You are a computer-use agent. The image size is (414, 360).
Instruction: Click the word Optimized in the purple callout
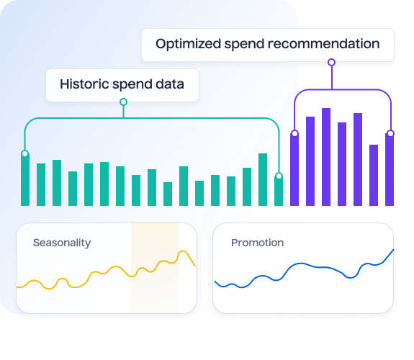[x=188, y=44]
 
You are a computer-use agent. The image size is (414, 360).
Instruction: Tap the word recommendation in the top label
[x=323, y=44]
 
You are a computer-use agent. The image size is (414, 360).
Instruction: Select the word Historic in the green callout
[x=84, y=84]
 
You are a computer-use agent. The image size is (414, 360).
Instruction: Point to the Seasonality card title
[x=62, y=243]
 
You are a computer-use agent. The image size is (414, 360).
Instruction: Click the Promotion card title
[x=258, y=243]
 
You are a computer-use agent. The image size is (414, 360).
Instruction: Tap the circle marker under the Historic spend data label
[x=123, y=102]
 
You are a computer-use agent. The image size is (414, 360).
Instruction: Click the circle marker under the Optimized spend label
[x=332, y=63]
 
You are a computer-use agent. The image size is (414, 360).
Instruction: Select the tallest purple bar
[x=326, y=157]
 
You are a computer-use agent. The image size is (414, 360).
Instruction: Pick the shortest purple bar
[x=374, y=175]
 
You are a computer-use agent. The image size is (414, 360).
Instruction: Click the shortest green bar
[x=168, y=194]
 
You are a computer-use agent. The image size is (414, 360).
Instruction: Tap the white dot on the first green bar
[x=24, y=153]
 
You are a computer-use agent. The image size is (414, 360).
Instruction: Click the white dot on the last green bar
[x=279, y=176]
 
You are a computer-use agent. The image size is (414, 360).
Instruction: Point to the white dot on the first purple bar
[x=295, y=133]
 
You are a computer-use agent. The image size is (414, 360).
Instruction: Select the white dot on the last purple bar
[x=390, y=133]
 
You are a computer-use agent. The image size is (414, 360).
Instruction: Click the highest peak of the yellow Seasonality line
[x=183, y=251]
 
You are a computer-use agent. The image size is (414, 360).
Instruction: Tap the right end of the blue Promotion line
[x=394, y=249]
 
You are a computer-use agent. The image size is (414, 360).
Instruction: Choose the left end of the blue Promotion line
[x=215, y=282]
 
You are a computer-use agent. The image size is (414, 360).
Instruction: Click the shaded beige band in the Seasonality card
[x=155, y=268]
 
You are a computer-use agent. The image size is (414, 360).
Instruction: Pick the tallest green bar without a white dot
[x=263, y=179]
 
